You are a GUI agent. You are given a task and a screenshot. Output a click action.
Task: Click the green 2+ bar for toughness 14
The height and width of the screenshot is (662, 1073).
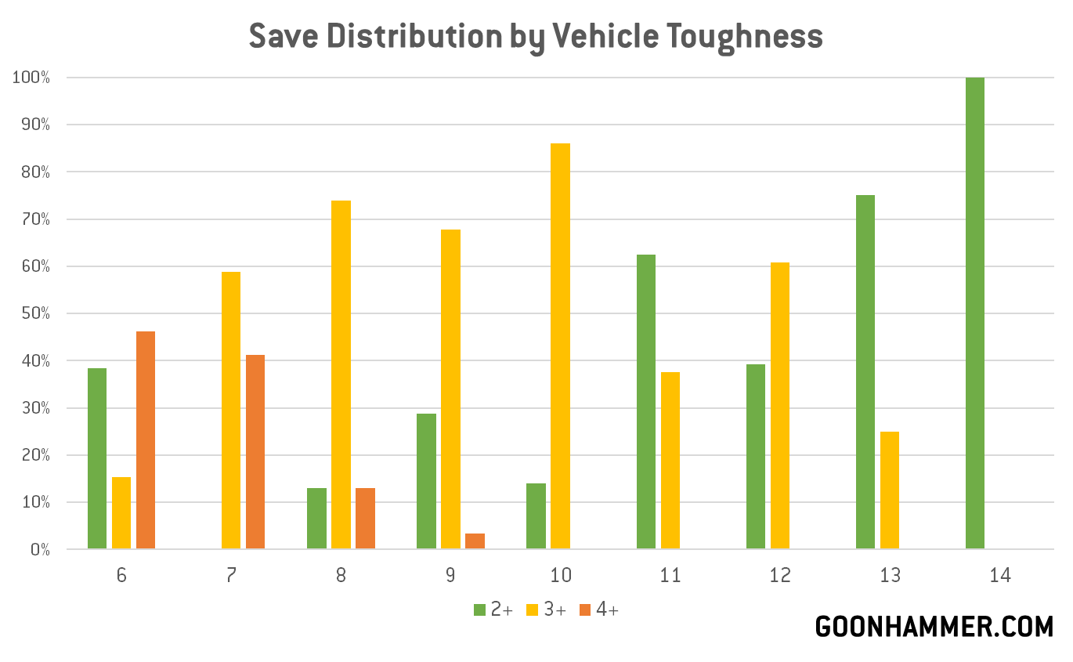974,313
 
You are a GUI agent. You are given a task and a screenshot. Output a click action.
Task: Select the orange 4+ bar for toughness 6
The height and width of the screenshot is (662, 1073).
146,440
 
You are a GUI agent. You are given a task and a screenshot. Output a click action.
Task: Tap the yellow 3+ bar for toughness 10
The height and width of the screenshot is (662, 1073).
560,345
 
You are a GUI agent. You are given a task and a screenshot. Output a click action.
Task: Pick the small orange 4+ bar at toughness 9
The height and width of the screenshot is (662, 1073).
475,541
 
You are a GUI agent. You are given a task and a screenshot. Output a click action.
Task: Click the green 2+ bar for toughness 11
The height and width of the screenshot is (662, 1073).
646,401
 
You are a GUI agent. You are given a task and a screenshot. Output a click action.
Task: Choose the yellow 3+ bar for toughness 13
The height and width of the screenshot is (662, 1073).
889,490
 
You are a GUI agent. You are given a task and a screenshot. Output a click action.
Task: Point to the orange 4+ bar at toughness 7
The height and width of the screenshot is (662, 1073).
255,451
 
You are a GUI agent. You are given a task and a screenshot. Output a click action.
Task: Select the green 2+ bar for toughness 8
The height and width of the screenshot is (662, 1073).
316,518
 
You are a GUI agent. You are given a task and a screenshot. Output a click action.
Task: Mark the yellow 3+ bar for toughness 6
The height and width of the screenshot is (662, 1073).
121,512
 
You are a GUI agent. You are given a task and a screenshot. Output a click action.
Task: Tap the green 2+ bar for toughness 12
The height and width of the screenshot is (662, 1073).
756,456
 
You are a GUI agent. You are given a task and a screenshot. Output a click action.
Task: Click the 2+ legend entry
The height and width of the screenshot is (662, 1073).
493,610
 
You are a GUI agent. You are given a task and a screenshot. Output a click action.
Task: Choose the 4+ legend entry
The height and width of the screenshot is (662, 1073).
599,610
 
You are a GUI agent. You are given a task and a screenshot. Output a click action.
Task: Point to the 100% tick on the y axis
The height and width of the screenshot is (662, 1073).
31,78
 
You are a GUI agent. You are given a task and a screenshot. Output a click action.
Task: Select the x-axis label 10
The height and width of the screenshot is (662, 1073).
560,575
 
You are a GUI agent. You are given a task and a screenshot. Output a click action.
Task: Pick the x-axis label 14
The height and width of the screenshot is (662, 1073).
1000,575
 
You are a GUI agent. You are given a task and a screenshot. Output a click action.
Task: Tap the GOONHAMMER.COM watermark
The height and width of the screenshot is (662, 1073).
934,627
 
